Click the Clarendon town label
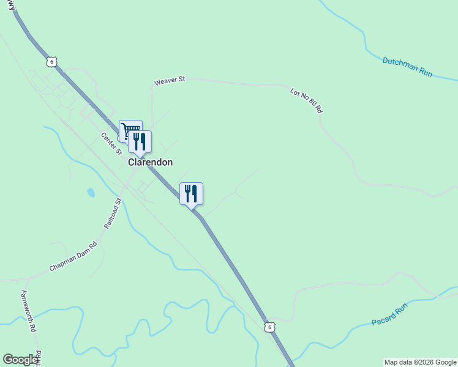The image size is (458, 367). tap(150, 163)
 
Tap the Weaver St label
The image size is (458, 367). tap(170, 81)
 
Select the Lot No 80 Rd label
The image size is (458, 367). tap(306, 100)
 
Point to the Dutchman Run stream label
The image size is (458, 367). tap(407, 67)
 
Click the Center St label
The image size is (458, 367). tap(112, 144)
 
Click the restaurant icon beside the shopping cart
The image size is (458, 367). tap(140, 141)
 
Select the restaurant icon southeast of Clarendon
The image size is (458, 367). tap(191, 193)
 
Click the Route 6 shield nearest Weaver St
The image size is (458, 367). tap(52, 62)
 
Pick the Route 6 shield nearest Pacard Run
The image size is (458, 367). tap(270, 327)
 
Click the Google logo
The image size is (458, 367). tap(20, 360)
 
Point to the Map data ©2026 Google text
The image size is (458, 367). tap(420, 362)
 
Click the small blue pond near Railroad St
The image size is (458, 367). tap(91, 193)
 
